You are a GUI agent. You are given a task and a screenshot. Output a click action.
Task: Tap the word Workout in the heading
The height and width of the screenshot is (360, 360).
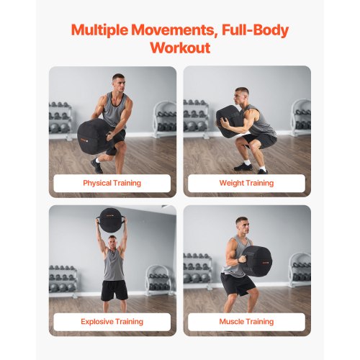pyautogui.click(x=179, y=48)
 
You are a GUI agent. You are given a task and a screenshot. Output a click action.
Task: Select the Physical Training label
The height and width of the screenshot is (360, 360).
pyautogui.click(x=112, y=183)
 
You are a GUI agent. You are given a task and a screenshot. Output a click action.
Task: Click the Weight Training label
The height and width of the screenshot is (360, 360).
pyautogui.click(x=246, y=183)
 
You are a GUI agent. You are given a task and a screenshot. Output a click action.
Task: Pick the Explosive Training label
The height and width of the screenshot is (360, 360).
pyautogui.click(x=112, y=321)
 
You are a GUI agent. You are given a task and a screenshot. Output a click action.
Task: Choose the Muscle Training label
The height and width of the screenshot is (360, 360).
pyautogui.click(x=246, y=321)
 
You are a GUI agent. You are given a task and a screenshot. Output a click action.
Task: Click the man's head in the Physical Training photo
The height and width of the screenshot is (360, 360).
pyautogui.click(x=118, y=80)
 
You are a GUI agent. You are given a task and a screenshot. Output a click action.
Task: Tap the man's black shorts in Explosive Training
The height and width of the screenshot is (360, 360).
pyautogui.click(x=114, y=289)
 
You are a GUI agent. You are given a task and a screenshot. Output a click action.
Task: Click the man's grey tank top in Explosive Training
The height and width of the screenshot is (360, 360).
pyautogui.click(x=113, y=264)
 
